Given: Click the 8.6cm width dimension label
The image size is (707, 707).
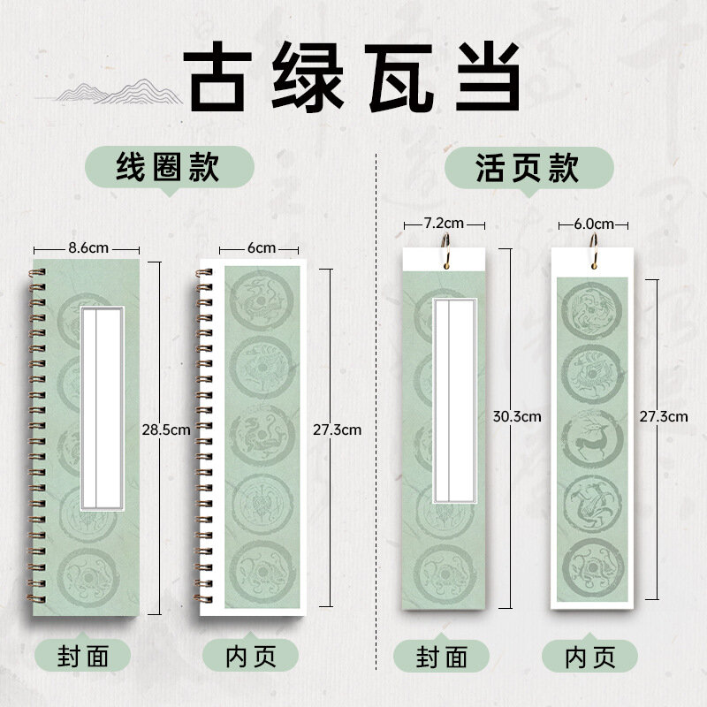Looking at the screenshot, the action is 88,248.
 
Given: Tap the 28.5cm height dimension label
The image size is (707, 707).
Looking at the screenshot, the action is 166,430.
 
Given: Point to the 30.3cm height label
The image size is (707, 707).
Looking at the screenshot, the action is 517,416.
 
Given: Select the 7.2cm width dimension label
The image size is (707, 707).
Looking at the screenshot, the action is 444,223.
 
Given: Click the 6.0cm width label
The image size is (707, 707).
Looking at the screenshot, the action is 594,224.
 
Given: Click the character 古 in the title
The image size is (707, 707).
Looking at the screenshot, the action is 217,76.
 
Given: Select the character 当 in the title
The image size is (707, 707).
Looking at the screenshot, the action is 487,76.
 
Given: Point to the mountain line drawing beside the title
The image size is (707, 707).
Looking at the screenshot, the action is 118,92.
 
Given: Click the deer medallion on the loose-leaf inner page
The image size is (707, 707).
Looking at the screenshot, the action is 592,438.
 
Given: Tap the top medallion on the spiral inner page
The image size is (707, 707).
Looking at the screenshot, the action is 262,300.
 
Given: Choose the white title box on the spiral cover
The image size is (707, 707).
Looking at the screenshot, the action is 103,408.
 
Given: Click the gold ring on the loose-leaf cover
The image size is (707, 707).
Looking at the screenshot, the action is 445,250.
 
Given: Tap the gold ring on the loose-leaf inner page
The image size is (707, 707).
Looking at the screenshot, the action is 594,250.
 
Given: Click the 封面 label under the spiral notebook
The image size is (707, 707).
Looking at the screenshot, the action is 83,656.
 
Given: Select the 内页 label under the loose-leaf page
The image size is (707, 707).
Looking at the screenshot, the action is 590,657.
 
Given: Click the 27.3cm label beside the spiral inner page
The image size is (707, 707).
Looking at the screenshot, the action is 338,430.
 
